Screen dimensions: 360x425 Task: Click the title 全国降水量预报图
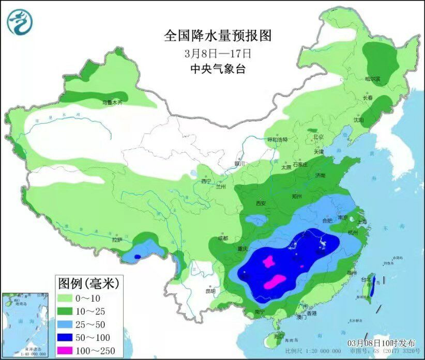pyautogui.click(x=218, y=36)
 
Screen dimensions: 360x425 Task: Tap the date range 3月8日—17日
pyautogui.click(x=218, y=53)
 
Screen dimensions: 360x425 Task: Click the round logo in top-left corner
pyautogui.click(x=20, y=22)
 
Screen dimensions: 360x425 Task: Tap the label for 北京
pyautogui.click(x=318, y=137)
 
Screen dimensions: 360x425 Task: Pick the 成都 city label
pyautogui.click(x=223, y=238)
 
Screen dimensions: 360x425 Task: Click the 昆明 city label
pyautogui.click(x=210, y=291)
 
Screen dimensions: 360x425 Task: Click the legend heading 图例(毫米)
pyautogui.click(x=88, y=283)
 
